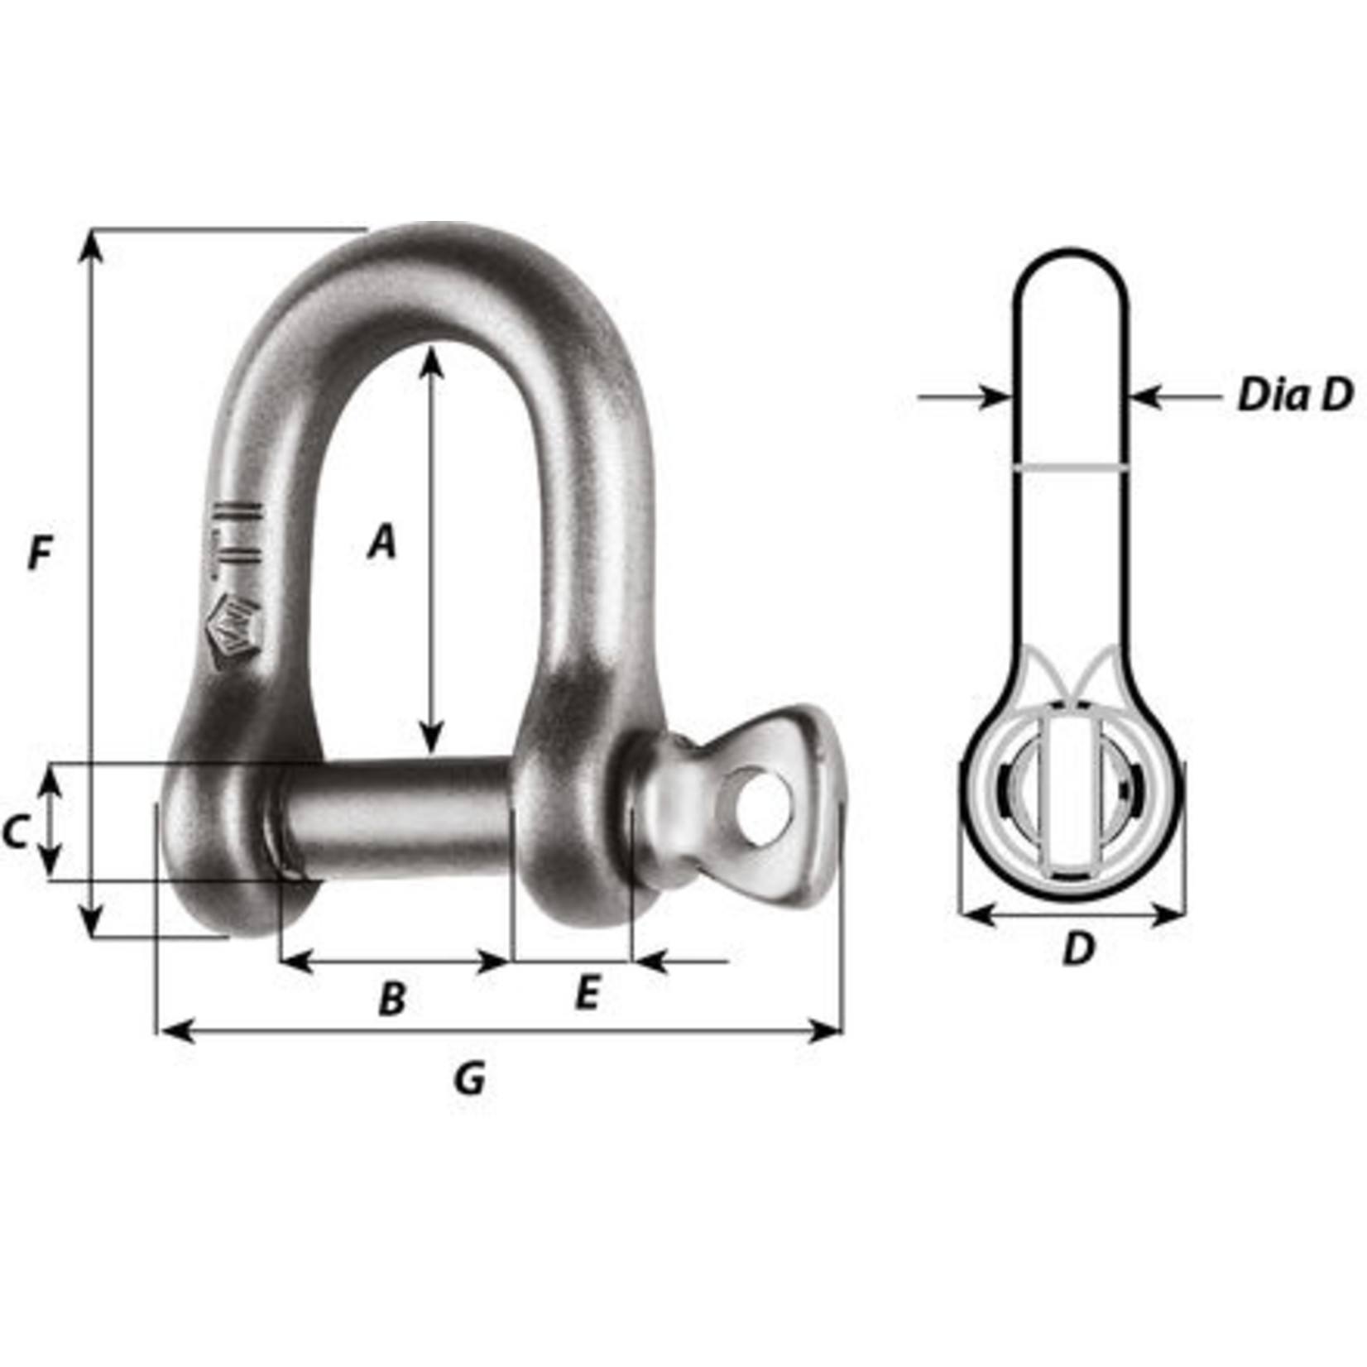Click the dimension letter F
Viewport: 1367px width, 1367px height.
coord(40,553)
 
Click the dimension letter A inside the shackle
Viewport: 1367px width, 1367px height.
coord(381,542)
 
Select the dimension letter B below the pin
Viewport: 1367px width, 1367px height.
coord(392,999)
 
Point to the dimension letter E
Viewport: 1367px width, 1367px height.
coord(586,993)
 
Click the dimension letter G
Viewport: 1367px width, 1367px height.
coord(470,1078)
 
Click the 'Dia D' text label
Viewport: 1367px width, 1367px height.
coord(1295,396)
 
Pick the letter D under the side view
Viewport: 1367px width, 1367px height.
coord(1078,948)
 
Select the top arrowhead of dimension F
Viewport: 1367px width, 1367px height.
coord(92,242)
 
